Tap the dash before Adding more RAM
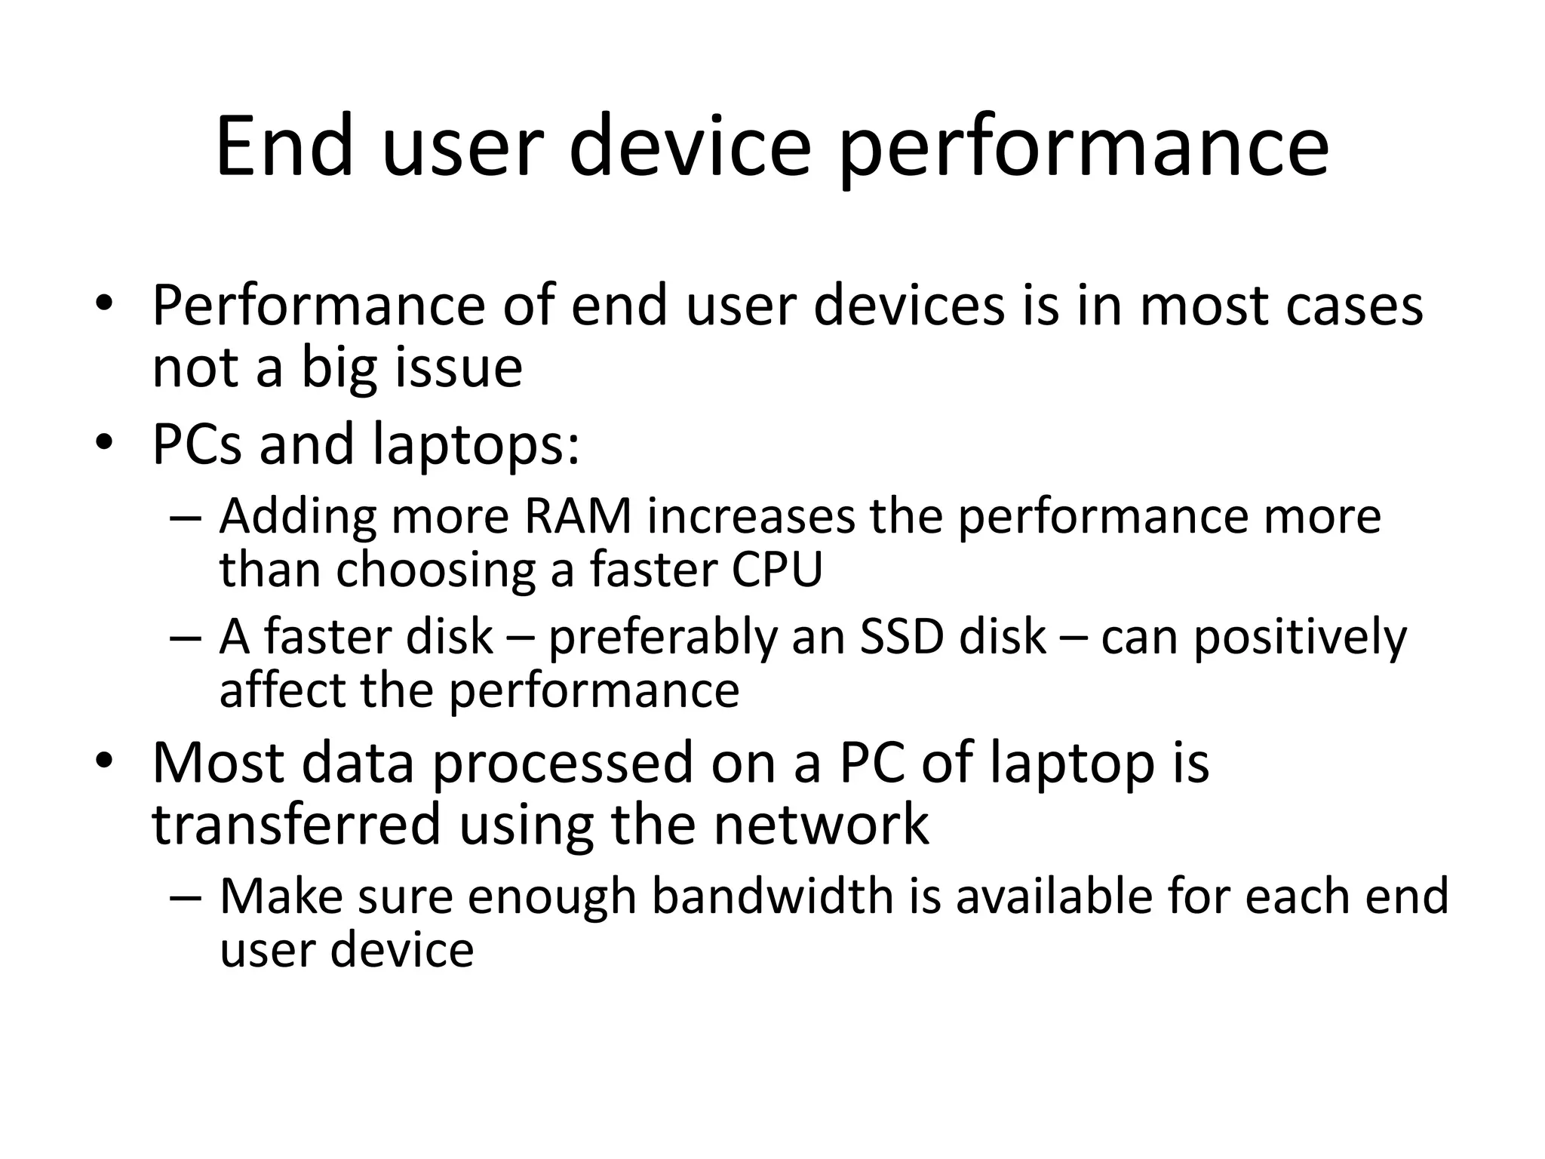coord(186,518)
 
